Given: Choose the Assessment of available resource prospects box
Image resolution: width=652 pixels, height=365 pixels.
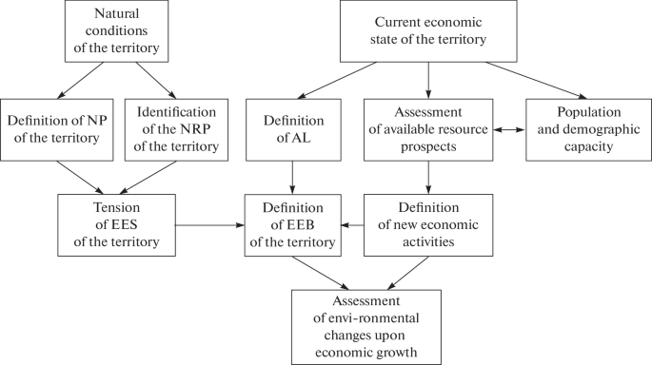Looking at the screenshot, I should pos(427,128).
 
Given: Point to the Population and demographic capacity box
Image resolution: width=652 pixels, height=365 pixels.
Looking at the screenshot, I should pos(583,128).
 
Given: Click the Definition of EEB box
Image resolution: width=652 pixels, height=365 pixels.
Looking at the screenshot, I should pos(292,226).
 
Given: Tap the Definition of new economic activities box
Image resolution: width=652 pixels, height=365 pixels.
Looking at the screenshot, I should pos(427,226).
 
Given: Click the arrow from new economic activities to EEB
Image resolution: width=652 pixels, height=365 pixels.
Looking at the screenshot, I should pos(353,226).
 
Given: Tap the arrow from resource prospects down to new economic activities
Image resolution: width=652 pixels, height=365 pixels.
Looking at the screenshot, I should pos(427,177).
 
